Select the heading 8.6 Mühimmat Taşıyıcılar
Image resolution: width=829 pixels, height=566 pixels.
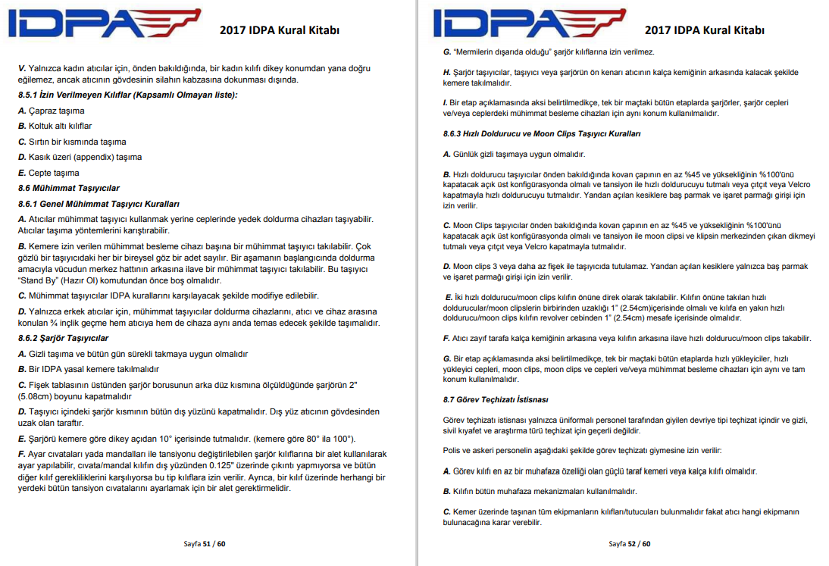coord(68,188)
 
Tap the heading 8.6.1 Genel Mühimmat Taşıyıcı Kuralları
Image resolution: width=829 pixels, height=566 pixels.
coord(98,204)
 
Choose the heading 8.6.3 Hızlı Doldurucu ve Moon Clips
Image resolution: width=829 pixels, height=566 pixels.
coord(542,133)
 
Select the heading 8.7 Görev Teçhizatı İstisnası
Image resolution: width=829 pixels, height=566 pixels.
coord(496,399)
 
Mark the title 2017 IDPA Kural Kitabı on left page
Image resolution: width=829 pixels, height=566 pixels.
coord(279,30)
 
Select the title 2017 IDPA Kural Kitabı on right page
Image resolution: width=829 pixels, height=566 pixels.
coord(704,30)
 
